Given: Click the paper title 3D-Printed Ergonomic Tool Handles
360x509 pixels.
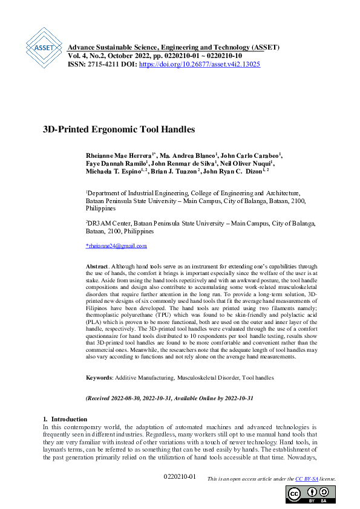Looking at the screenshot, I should pos(119,129).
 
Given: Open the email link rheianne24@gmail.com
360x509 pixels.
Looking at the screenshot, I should pos(116,246).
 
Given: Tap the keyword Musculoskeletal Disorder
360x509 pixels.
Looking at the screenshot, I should pos(208,378).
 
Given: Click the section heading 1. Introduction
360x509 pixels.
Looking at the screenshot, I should pos(65,419).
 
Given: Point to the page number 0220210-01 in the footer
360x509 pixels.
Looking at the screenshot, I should pos(180,478).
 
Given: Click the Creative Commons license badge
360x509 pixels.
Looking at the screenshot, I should pos(310,494).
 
